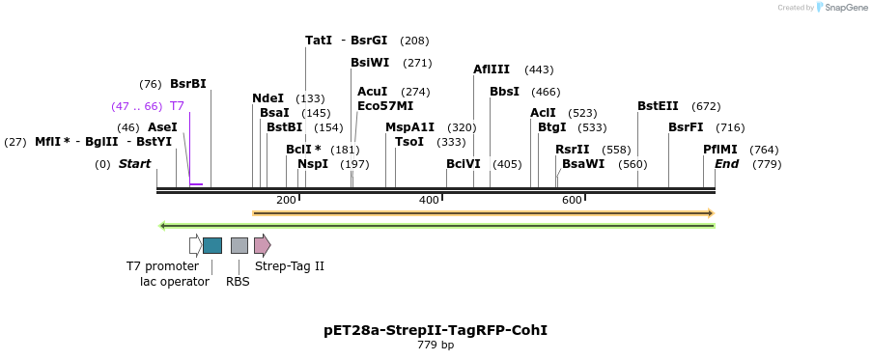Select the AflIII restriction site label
[492, 69]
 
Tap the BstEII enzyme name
[658, 106]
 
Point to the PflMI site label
[719, 150]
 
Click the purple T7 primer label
[177, 106]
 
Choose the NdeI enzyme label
[267, 98]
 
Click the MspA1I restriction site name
[409, 127]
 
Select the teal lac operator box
[212, 245]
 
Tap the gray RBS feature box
[239, 245]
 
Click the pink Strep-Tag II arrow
[262, 245]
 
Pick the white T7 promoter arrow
[195, 245]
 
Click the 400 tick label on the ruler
[429, 200]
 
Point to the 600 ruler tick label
[572, 200]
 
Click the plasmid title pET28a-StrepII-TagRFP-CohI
[436, 330]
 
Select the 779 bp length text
[436, 346]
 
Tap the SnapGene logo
[838, 8]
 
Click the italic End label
[726, 164]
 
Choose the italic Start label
[134, 164]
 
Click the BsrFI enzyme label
[686, 127]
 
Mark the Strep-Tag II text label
[289, 266]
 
